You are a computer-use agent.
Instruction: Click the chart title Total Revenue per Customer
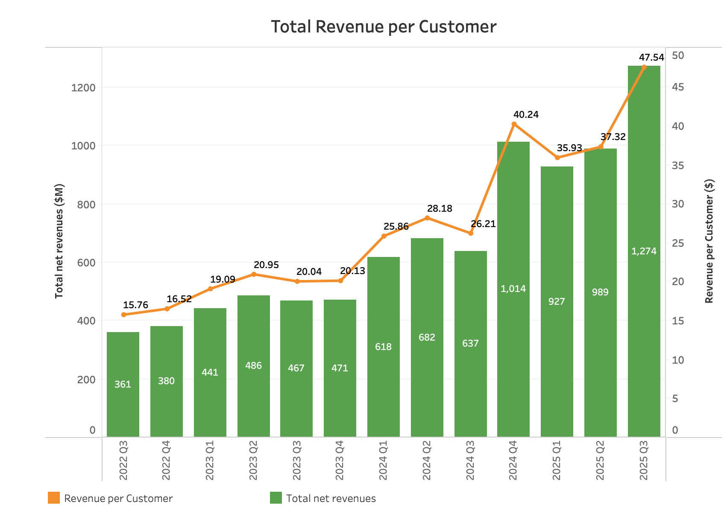point(384,26)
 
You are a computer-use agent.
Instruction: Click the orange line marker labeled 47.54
point(644,67)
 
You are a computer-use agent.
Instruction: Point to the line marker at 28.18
point(427,218)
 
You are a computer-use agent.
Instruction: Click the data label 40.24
point(526,114)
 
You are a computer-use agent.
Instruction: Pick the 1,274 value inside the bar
point(644,251)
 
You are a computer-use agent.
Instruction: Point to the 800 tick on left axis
point(86,204)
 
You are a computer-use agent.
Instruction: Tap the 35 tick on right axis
point(678,165)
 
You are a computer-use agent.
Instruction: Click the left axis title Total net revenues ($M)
point(59,241)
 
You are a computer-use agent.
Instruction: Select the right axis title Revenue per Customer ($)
point(709,241)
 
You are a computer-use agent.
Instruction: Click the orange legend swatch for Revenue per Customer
point(54,498)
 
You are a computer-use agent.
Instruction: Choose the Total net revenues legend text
point(331,499)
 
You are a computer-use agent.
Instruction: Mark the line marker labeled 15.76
point(124,315)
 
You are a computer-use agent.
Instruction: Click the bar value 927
point(557,301)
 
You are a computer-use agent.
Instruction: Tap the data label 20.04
point(309,272)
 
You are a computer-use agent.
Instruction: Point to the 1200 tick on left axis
point(83,88)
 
